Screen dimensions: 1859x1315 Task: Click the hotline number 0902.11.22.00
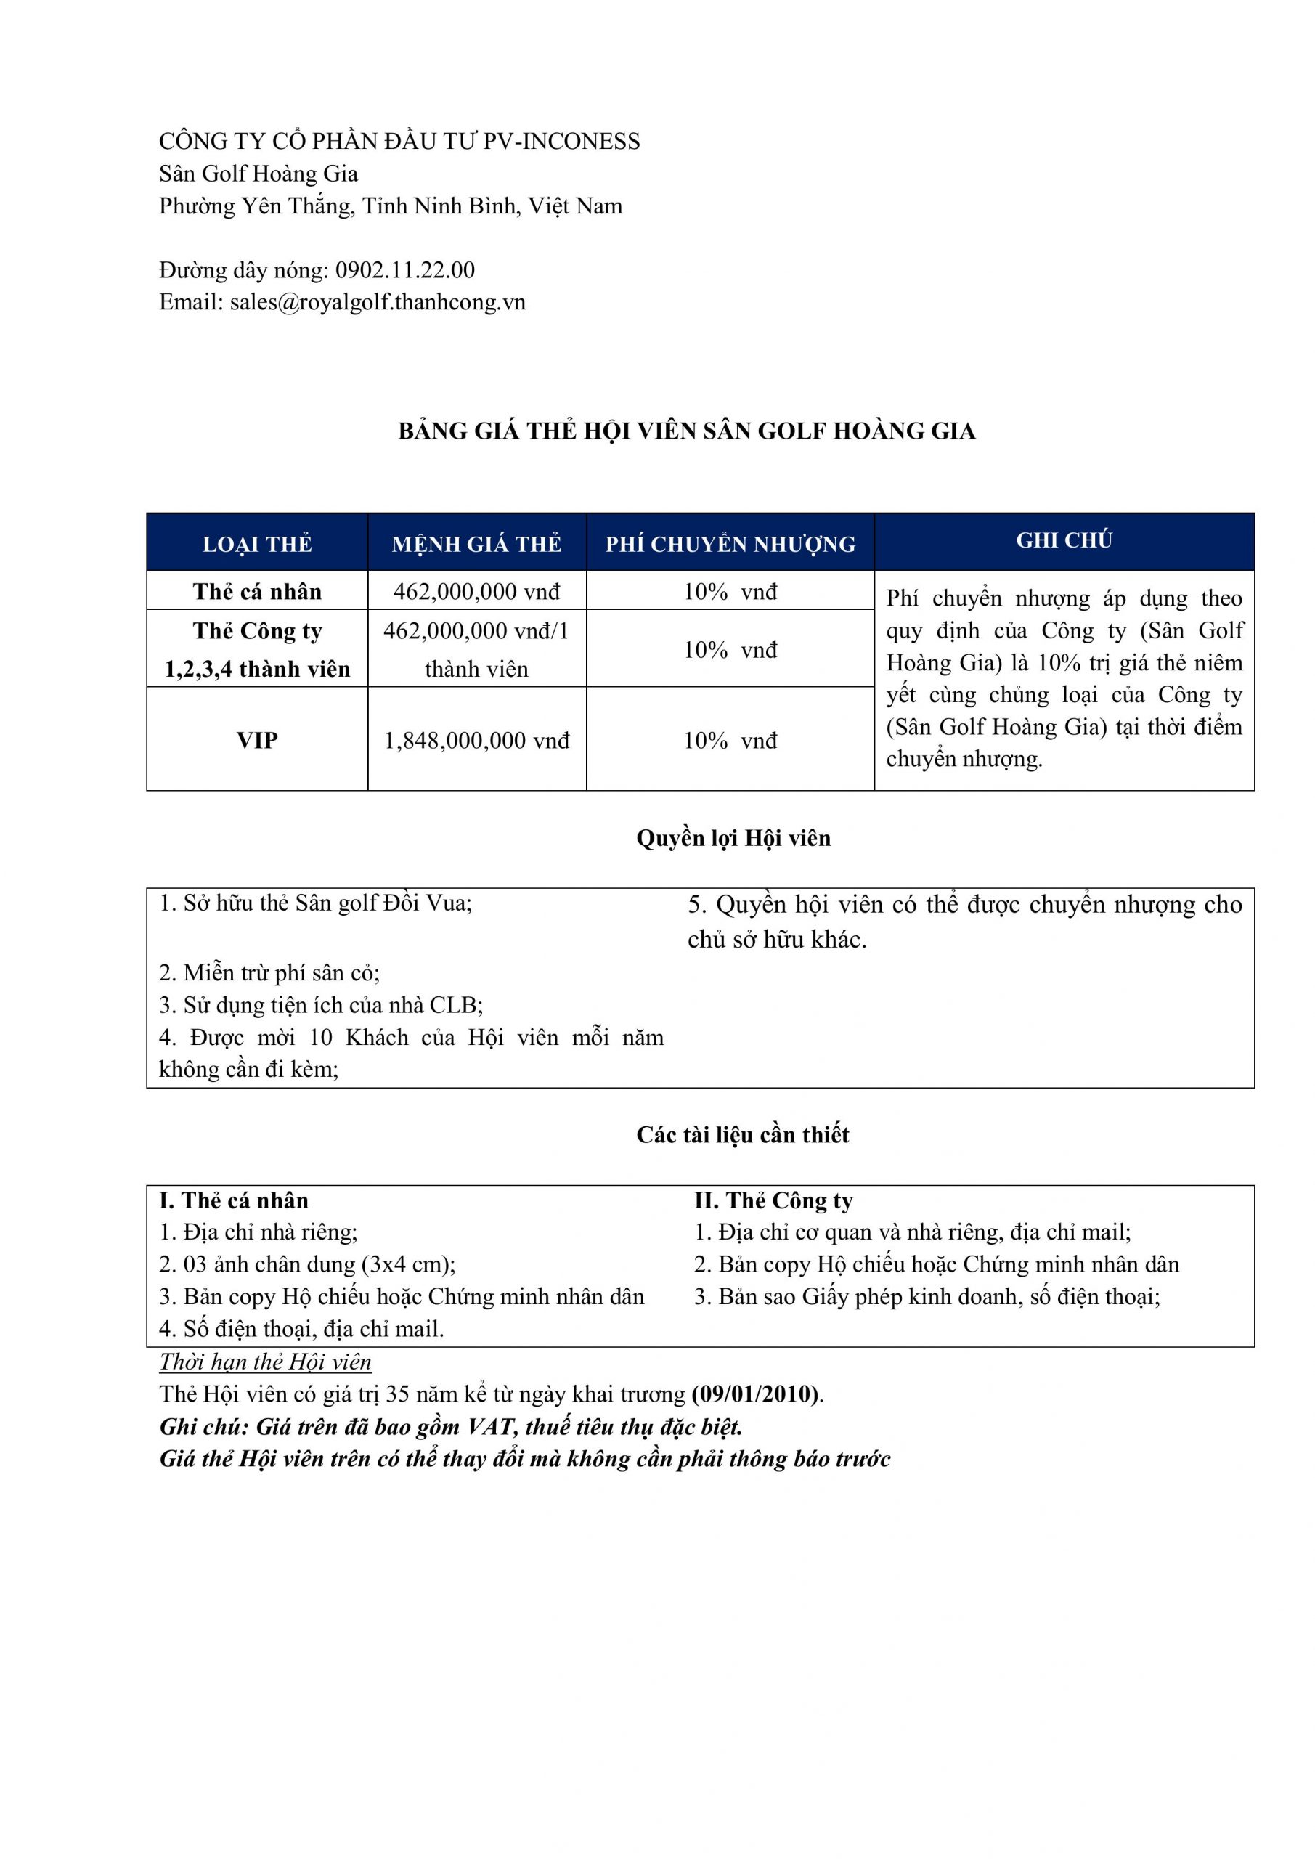point(405,269)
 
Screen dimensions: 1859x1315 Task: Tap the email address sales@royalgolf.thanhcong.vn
point(378,302)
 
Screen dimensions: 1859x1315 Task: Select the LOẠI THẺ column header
point(257,544)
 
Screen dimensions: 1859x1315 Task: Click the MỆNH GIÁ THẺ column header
point(476,544)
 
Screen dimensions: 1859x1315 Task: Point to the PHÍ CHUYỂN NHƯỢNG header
point(730,544)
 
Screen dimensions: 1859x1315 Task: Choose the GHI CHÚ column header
point(1064,541)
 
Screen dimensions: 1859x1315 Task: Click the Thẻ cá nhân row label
point(257,592)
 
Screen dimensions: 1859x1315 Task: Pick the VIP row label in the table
point(257,740)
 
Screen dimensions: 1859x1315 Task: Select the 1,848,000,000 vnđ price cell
point(476,740)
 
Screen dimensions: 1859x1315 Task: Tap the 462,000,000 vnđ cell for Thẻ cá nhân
point(476,592)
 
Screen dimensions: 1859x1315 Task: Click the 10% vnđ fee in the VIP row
point(730,740)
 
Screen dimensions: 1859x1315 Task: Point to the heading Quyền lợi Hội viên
point(733,838)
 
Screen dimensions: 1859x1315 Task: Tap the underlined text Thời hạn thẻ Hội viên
point(265,1362)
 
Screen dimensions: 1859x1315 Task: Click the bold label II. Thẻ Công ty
point(773,1201)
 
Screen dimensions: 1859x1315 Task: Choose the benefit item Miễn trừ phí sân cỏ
point(269,972)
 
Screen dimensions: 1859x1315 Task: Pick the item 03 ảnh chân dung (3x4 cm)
point(308,1265)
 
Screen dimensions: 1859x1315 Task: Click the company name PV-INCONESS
point(561,142)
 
